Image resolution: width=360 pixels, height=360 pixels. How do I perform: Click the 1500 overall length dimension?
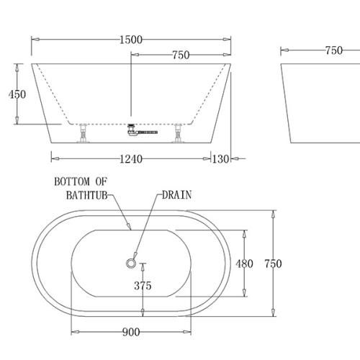coord(130,39)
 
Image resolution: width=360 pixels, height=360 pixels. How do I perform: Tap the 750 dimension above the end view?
coord(333,50)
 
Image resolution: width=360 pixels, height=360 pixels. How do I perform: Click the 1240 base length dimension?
coord(130,158)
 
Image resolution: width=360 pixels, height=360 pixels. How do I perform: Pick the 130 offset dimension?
coord(220,158)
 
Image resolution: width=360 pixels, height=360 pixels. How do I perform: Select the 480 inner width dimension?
coord(245,264)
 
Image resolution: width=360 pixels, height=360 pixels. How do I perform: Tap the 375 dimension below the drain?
coord(143,286)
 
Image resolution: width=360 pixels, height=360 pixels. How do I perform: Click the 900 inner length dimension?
coord(130,332)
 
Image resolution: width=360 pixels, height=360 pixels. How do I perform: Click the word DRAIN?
coord(176,194)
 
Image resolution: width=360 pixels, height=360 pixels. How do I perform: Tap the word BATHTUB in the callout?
coord(81,195)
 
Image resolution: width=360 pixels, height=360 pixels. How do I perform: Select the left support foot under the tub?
coord(84,134)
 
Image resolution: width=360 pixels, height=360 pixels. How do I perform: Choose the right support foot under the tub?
coord(177,134)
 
